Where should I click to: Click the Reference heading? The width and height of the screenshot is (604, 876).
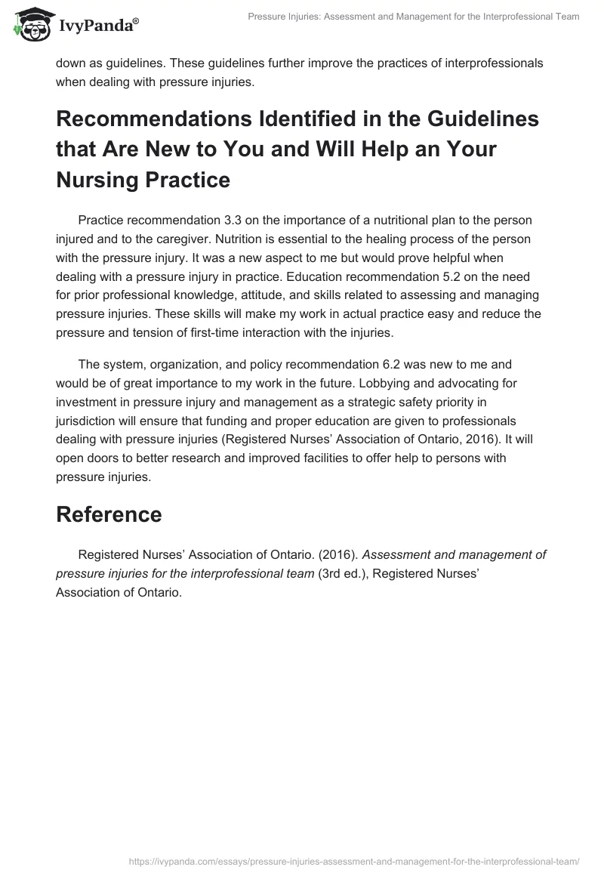[x=109, y=514]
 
